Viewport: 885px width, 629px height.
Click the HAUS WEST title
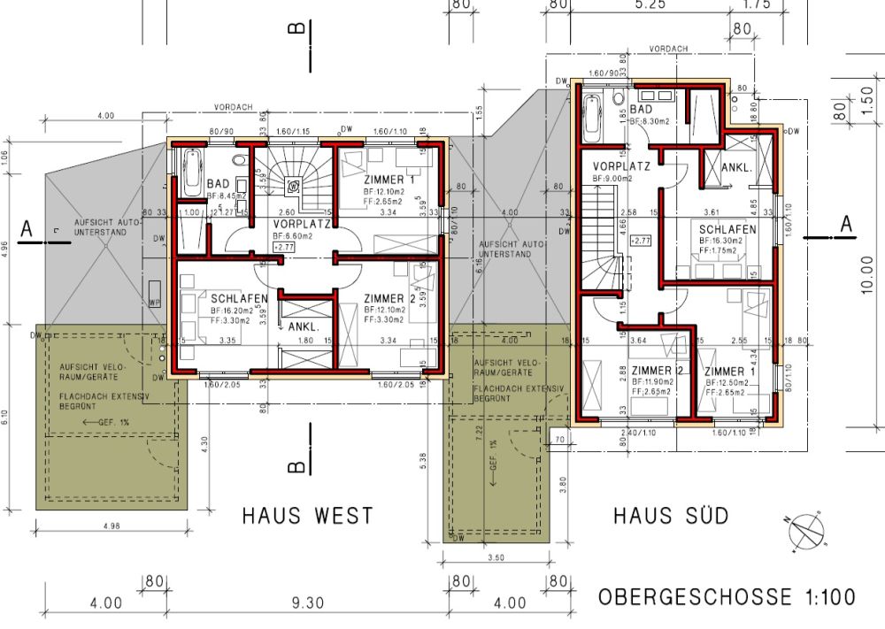coord(308,515)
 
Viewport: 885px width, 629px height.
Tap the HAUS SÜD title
coord(672,515)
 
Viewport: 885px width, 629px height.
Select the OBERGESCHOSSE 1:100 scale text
coord(727,597)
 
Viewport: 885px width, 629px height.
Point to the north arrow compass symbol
coord(804,533)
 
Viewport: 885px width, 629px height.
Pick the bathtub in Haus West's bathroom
coord(191,173)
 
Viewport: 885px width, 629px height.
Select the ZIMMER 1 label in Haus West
coord(388,180)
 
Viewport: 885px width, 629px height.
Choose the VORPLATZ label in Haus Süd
coord(622,165)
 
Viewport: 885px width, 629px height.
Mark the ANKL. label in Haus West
coord(304,326)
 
